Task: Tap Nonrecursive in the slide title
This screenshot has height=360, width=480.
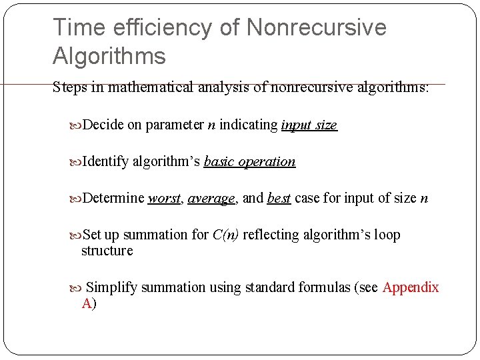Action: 316,27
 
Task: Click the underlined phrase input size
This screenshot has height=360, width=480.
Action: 309,125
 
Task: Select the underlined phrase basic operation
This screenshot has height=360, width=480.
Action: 249,162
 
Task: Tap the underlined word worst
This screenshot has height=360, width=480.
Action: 165,198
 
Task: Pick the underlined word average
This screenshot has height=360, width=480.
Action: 211,198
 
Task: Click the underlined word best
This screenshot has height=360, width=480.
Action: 279,198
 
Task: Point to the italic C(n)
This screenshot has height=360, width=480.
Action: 226,235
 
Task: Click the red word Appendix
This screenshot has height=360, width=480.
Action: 411,287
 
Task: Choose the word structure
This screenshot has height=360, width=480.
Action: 107,251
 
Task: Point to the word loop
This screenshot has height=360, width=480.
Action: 387,235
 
